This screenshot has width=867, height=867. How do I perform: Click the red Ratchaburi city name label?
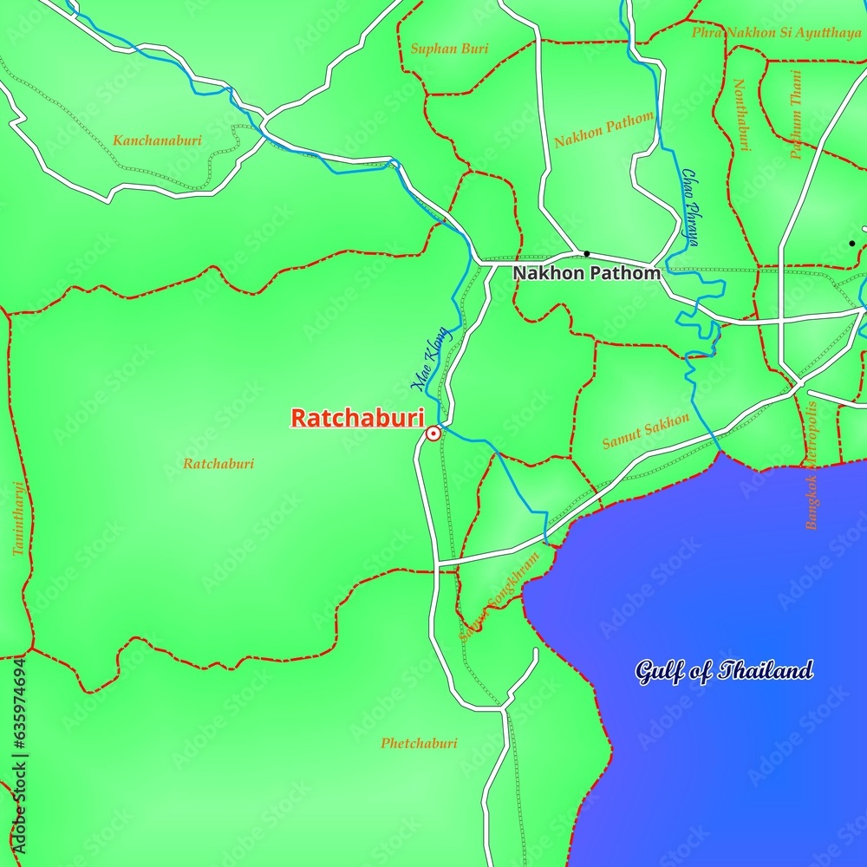[357, 418]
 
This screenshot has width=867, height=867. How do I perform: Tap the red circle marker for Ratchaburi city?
[433, 433]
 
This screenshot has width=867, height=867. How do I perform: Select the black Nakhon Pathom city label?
[586, 273]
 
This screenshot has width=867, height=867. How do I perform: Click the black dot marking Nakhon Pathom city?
[587, 254]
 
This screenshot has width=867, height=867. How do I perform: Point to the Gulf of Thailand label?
[724, 670]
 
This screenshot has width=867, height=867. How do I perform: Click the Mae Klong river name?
[430, 359]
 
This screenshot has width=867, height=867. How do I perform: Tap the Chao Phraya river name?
[690, 208]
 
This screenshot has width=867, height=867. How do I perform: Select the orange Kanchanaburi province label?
[157, 140]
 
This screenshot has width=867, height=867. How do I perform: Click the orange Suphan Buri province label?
[449, 49]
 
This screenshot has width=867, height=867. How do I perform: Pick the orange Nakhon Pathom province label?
[603, 129]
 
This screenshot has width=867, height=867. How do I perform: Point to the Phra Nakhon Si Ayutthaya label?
[776, 33]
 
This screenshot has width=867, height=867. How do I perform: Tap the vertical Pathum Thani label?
[795, 114]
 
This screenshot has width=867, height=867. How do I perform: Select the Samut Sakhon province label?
[646, 431]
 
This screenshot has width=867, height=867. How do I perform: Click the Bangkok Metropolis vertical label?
[812, 464]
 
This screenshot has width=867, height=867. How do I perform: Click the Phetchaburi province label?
[419, 743]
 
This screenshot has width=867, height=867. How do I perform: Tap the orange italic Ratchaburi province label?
[218, 464]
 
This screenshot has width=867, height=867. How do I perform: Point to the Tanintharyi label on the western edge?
[17, 518]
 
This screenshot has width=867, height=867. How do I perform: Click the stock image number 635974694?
[18, 753]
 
